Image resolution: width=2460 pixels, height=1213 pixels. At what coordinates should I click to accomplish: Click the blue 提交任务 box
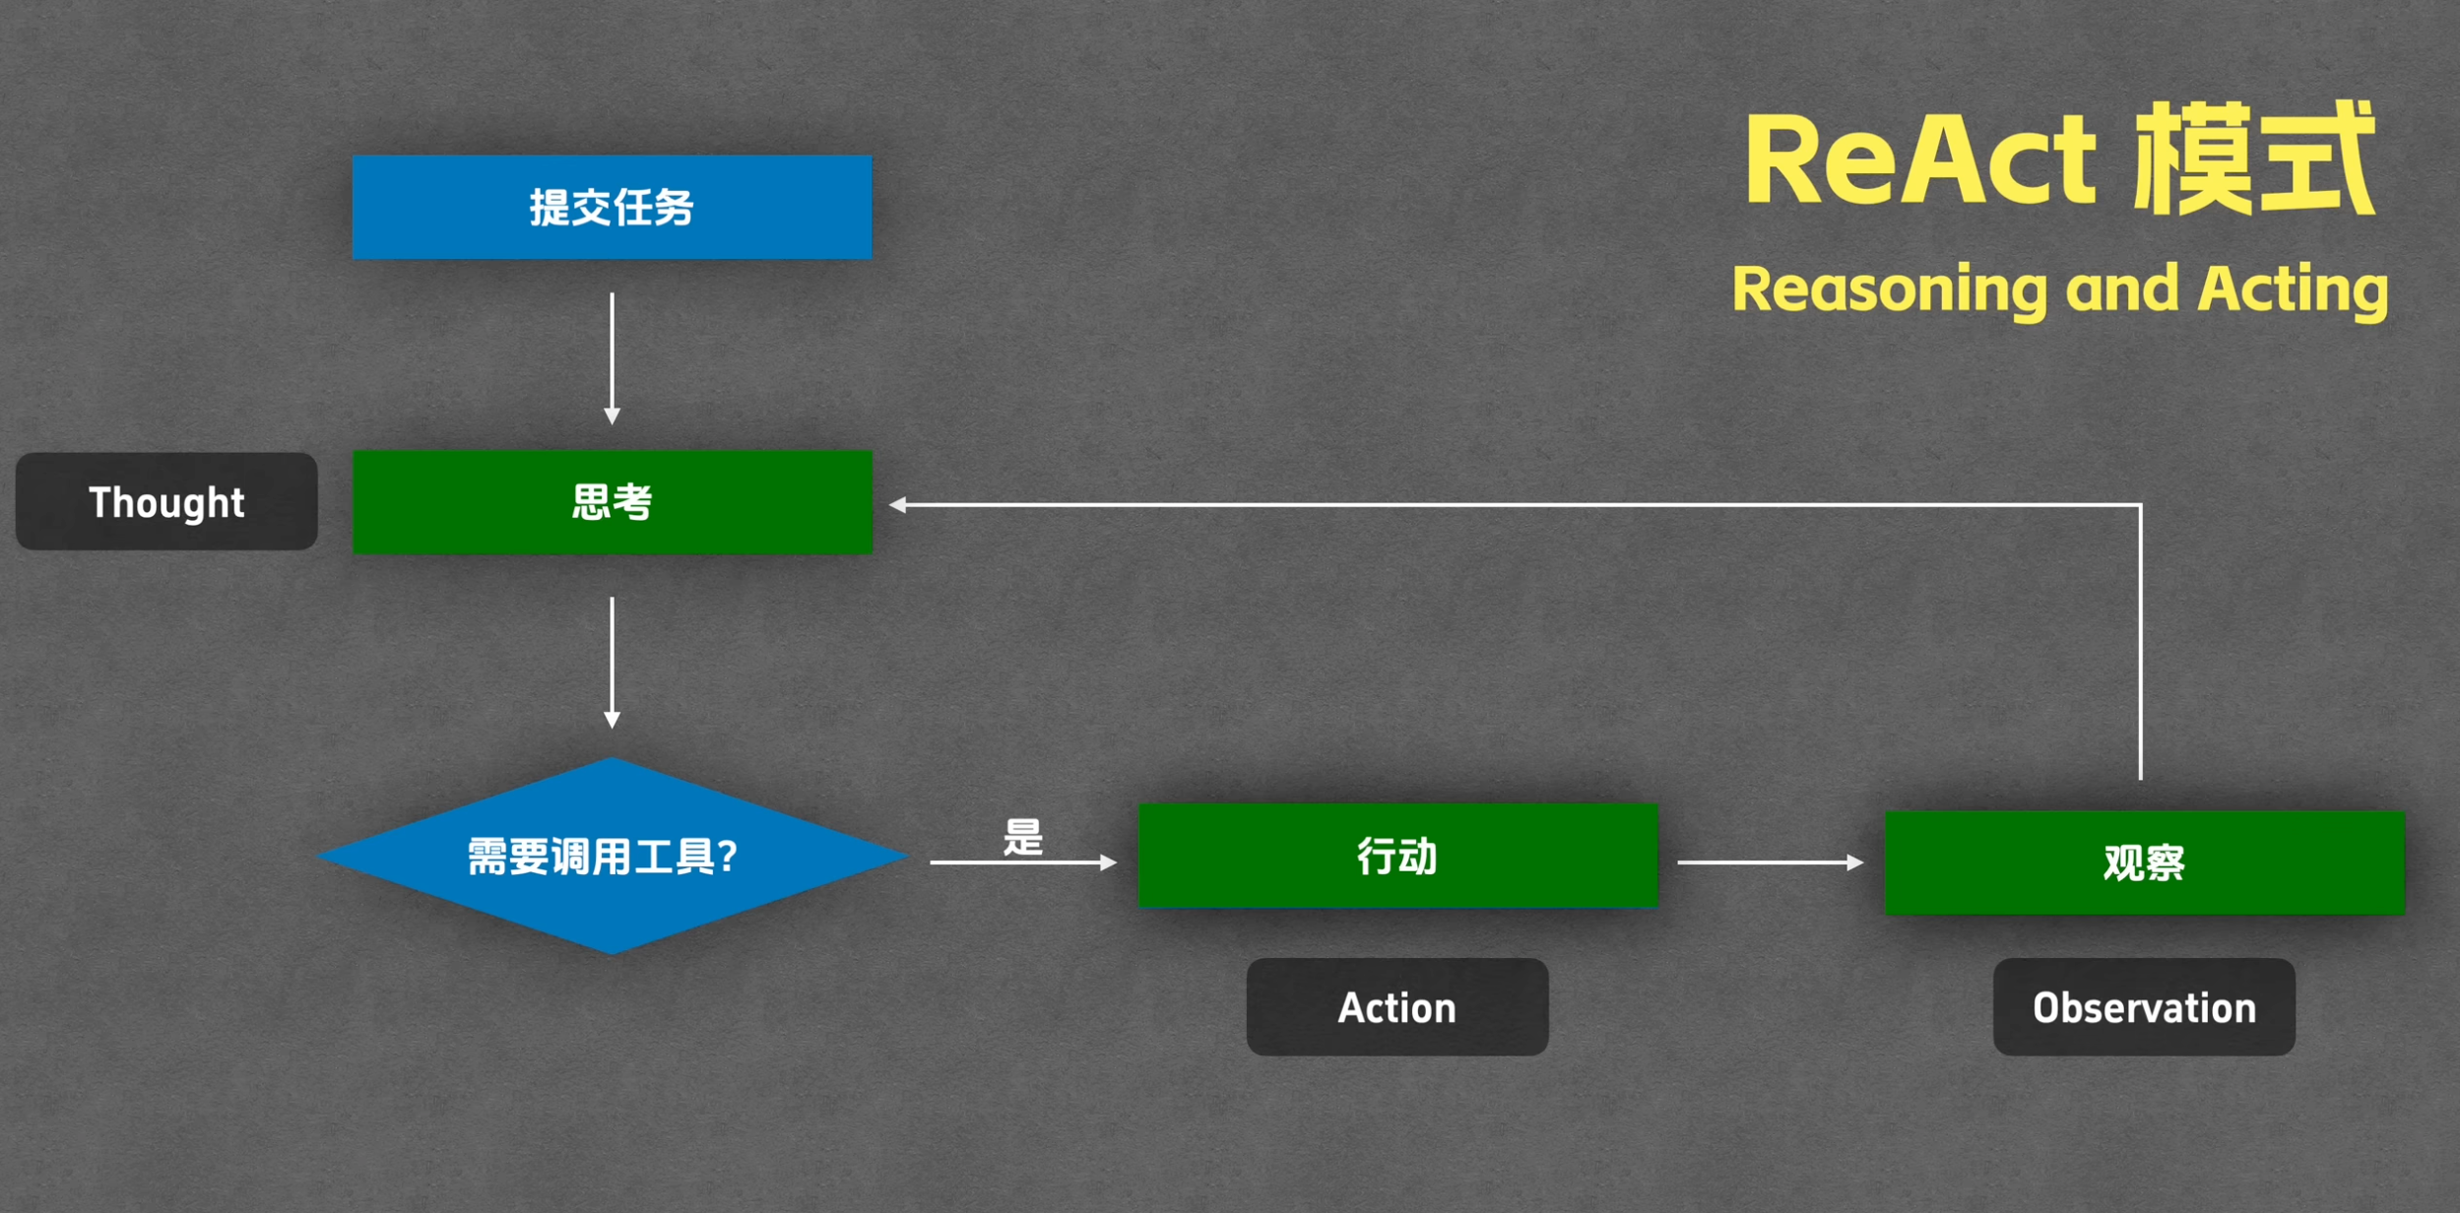[612, 207]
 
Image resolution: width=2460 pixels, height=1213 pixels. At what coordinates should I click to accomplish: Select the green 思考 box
[612, 502]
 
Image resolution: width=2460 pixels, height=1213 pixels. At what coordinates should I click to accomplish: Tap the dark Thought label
[166, 501]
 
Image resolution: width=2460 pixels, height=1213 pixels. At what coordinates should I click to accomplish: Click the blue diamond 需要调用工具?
[612, 856]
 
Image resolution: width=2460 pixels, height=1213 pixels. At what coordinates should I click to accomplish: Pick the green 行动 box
[1397, 856]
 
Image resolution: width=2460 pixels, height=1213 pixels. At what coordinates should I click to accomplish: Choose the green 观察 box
[2145, 862]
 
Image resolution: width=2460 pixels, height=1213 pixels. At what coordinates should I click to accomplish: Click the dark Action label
[1397, 1007]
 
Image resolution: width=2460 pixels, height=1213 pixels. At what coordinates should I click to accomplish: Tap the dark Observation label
[2144, 1007]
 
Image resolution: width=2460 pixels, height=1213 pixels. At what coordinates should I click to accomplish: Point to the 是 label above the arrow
[1023, 838]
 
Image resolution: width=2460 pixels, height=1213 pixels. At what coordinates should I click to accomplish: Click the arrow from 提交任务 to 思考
[612, 358]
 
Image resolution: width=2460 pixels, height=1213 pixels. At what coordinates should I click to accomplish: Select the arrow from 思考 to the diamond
[612, 663]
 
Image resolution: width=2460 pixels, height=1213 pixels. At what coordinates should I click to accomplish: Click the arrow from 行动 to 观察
[1771, 862]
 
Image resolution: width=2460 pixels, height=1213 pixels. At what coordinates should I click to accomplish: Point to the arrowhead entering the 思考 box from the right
[897, 505]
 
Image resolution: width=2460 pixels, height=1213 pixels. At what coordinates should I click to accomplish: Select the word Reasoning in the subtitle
[1890, 290]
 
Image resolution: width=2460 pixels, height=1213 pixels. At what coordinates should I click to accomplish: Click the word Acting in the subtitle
[2294, 290]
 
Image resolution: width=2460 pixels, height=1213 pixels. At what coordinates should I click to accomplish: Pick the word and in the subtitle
[2122, 287]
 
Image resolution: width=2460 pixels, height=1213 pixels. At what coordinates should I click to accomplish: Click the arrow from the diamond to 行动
[1023, 862]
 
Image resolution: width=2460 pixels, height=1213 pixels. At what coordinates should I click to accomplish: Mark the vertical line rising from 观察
[2141, 642]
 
